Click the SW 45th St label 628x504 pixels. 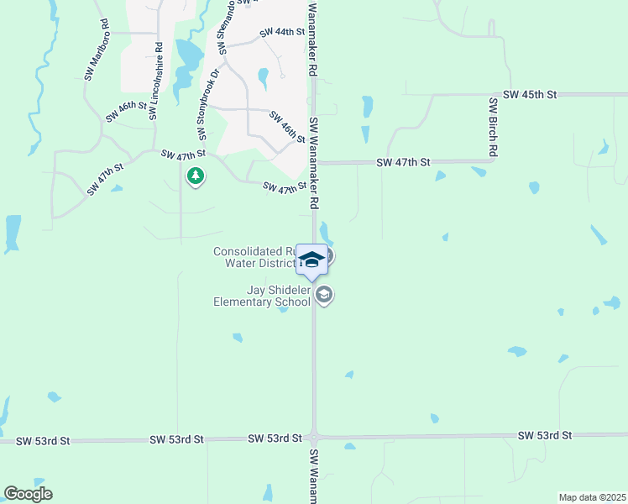tap(530, 95)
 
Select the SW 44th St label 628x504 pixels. tap(281, 32)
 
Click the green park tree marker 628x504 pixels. tap(196, 176)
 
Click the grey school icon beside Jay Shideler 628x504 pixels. tap(325, 295)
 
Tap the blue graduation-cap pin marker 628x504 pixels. tap(311, 260)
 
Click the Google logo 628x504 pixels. tap(28, 493)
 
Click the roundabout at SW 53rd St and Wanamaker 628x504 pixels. tap(314, 438)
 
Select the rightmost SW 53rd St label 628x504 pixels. tap(544, 435)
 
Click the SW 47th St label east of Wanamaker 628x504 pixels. tap(403, 161)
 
